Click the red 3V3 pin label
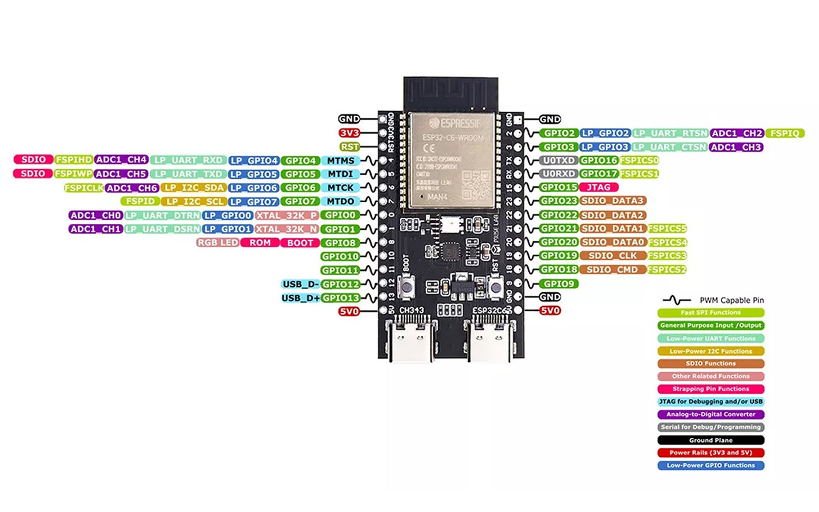point(349,133)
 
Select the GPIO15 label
point(558,187)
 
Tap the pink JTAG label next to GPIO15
point(598,187)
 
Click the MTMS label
point(340,161)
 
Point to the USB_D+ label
point(300,298)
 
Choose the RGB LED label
point(218,243)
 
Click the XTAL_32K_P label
point(287,216)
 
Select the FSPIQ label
point(785,133)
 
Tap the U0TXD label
point(558,160)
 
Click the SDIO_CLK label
point(613,255)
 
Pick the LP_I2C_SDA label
point(193,188)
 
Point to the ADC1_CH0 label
point(96,216)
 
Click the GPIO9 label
point(558,284)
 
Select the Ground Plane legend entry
point(710,440)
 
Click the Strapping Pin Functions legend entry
point(710,389)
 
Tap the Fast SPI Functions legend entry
point(710,313)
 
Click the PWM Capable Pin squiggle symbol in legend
point(676,300)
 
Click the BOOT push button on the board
point(407,287)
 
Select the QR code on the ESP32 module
point(472,184)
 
